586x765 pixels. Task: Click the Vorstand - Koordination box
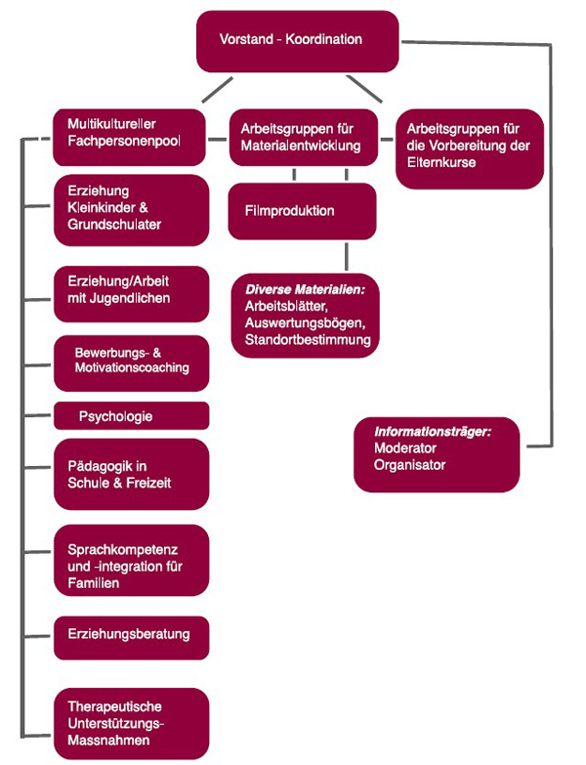click(297, 41)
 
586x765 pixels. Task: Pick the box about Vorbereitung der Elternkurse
click(469, 148)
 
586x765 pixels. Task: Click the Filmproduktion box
click(302, 211)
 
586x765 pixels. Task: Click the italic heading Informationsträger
click(433, 430)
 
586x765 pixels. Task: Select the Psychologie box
click(131, 416)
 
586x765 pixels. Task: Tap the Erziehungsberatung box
click(131, 635)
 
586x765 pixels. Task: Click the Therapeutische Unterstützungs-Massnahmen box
click(131, 723)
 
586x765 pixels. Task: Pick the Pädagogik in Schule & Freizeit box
click(131, 474)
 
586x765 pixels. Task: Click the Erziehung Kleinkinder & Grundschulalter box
click(131, 208)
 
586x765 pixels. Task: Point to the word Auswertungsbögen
click(302, 323)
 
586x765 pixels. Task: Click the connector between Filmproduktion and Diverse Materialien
click(347, 256)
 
